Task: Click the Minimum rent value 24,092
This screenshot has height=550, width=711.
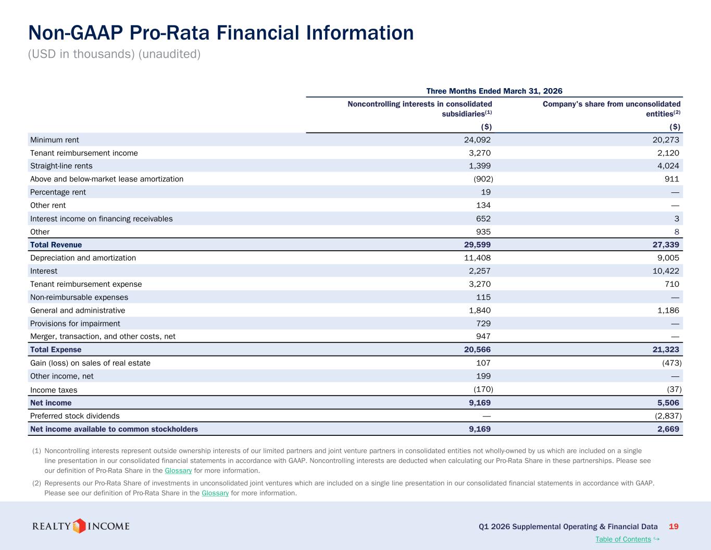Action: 477,140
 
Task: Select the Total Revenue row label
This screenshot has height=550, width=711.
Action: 56,245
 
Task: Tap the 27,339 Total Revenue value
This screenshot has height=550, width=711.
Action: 666,245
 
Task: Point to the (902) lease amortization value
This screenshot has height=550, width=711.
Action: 483,179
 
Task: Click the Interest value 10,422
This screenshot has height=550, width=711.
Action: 666,271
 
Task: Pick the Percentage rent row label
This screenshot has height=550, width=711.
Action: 58,192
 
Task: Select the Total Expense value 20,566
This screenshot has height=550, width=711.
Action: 477,349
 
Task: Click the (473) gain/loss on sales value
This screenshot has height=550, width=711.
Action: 672,363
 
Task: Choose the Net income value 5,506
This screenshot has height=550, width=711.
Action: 668,402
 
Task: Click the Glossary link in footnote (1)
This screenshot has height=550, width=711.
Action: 178,470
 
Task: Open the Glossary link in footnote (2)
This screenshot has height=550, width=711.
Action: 215,493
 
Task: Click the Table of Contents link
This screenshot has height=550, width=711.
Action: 623,539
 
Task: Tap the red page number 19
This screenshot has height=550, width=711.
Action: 673,527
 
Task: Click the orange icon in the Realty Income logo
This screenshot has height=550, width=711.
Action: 79,526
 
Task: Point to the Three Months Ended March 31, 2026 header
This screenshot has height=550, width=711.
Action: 494,91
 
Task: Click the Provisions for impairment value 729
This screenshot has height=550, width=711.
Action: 483,323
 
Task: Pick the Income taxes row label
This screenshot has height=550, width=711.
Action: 54,390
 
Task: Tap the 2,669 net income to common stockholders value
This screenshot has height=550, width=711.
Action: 668,429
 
